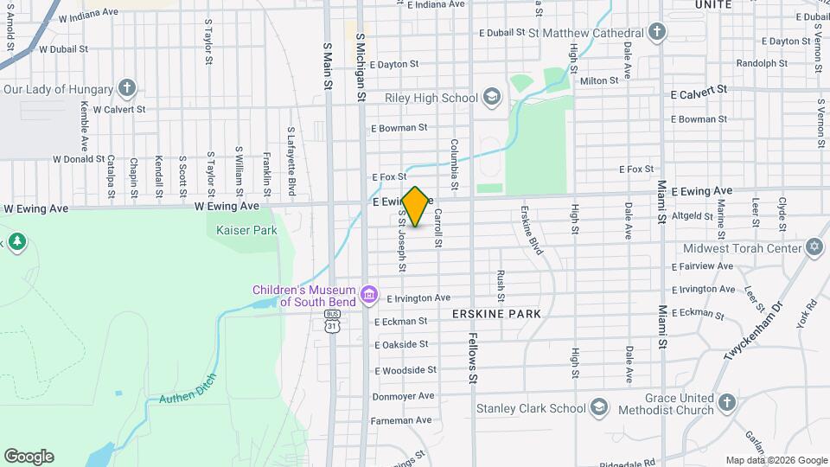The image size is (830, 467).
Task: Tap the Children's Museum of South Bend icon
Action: pos(369,295)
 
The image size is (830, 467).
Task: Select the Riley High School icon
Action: pos(491,97)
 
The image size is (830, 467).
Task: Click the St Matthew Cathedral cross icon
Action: pos(657,32)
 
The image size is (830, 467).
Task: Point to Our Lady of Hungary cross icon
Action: pos(127,87)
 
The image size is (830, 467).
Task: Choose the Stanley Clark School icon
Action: pos(598,407)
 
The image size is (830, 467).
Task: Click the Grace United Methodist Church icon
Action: pos(726,403)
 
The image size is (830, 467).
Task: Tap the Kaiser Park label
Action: pos(230,230)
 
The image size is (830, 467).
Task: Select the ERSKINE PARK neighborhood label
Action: pos(496,314)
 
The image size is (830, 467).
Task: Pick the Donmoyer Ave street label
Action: pos(402,395)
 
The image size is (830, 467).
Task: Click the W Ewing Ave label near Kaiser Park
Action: pos(226,206)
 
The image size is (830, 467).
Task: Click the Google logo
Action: pos(29,456)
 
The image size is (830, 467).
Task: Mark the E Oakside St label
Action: pos(400,344)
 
